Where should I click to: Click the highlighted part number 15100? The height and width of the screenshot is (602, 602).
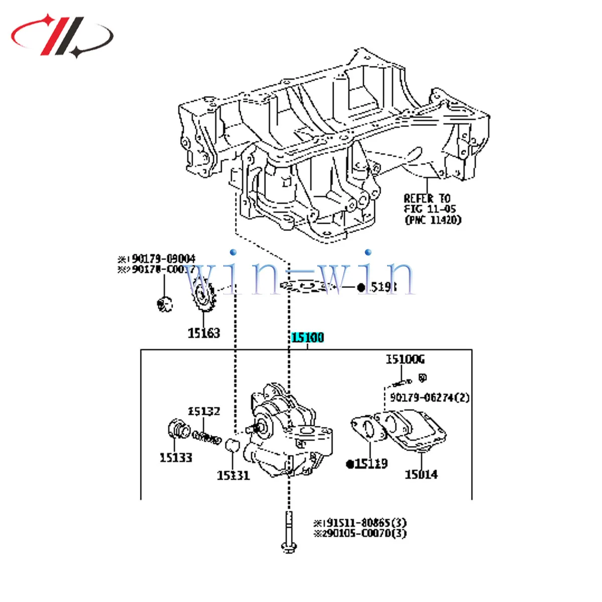click(x=308, y=338)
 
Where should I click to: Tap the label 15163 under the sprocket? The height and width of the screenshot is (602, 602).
click(x=204, y=333)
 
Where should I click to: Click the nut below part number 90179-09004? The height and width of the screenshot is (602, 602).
click(x=165, y=304)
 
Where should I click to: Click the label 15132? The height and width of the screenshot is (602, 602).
click(x=204, y=411)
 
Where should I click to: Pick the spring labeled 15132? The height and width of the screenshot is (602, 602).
click(x=207, y=437)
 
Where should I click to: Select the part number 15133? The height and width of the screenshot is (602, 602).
click(x=176, y=458)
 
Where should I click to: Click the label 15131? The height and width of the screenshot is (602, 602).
click(x=233, y=475)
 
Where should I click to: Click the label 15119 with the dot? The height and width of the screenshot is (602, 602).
click(x=367, y=464)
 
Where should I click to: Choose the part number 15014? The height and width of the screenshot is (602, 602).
click(x=421, y=474)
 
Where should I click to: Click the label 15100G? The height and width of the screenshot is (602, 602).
click(x=405, y=360)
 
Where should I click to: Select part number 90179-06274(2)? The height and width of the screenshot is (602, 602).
click(x=429, y=397)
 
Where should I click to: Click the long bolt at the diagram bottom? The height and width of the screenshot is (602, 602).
click(x=288, y=532)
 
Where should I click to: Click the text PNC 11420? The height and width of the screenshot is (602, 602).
click(x=432, y=220)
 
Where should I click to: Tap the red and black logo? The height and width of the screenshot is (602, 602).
click(x=63, y=35)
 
